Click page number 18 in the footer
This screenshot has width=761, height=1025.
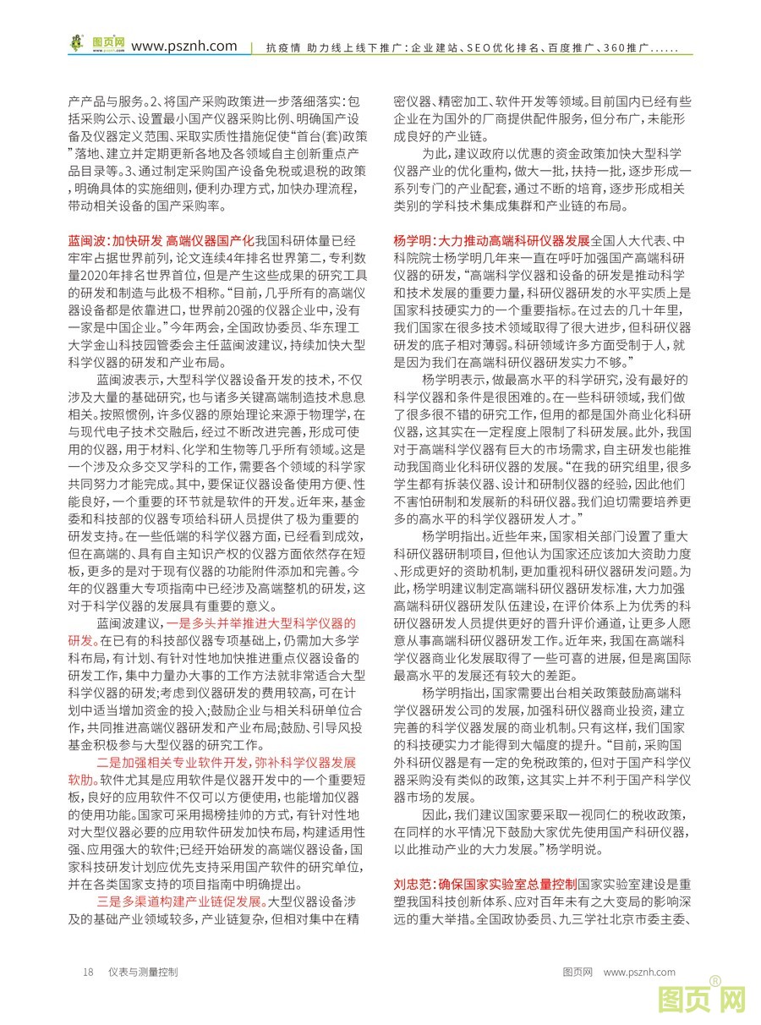tap(87, 973)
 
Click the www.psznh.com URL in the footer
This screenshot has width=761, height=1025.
tap(640, 973)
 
